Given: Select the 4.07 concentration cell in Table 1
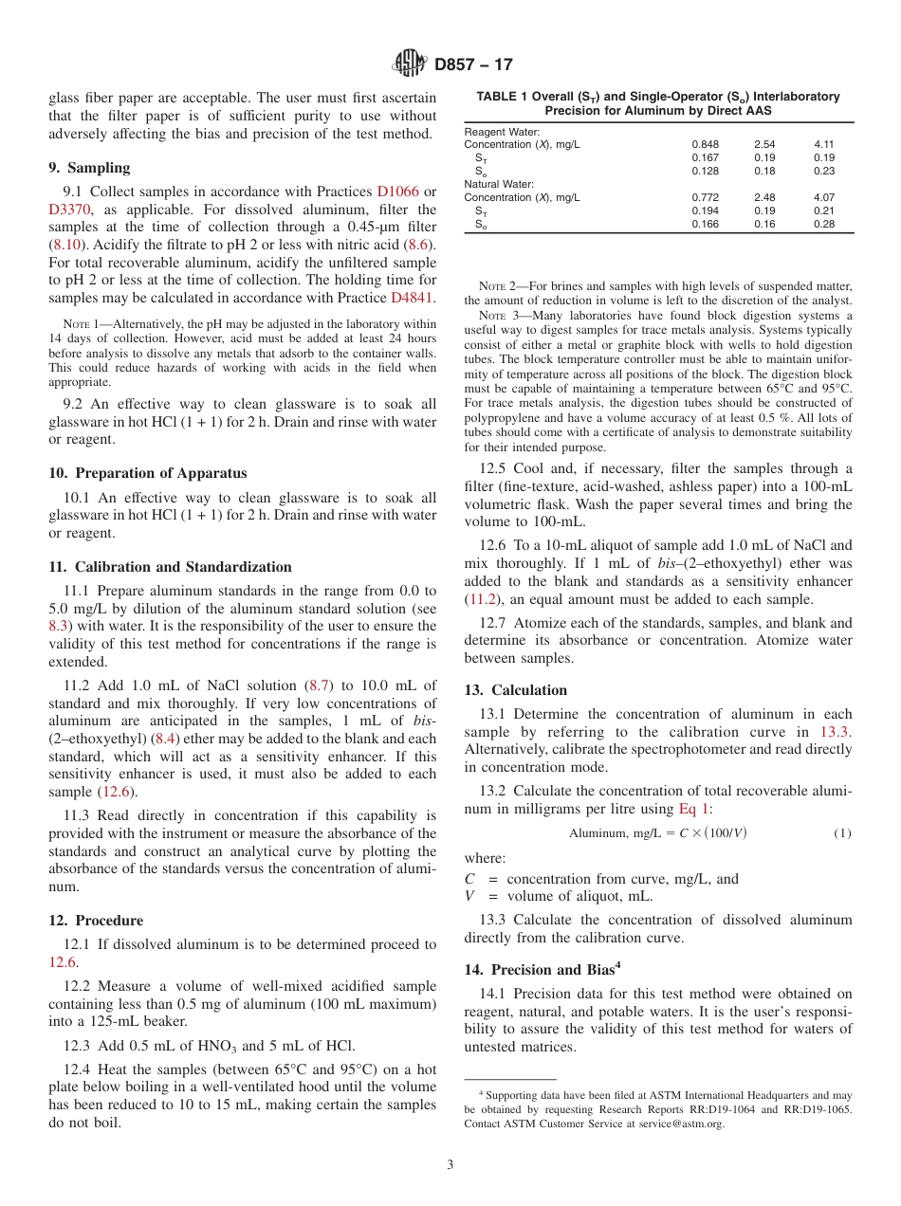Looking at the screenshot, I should (x=826, y=197).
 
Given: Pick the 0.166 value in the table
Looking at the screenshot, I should (x=705, y=224).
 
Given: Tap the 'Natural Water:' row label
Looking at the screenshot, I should (x=499, y=184).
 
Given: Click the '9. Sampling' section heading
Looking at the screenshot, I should (x=89, y=168).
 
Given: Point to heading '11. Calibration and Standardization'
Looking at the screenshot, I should (x=170, y=567).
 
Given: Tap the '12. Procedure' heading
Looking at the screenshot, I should (x=96, y=921).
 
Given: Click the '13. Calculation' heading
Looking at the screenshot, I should (x=516, y=690).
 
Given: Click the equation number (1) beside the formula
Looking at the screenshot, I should (x=842, y=833).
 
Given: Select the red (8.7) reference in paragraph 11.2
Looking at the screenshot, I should (x=316, y=685).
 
